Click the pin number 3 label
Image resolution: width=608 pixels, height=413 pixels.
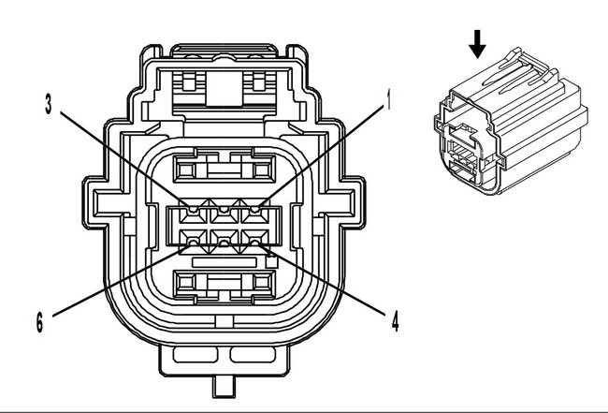[x=48, y=104]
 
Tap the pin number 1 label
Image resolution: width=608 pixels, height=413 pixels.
[x=388, y=98]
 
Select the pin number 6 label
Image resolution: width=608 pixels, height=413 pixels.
[x=39, y=322]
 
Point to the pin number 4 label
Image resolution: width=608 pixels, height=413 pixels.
[x=395, y=321]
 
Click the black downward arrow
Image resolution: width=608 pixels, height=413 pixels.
[x=477, y=44]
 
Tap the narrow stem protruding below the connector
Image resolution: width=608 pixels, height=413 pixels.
[x=224, y=387]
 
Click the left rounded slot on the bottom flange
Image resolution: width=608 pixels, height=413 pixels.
[x=195, y=354]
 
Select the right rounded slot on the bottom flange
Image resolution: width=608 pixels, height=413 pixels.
[x=253, y=354]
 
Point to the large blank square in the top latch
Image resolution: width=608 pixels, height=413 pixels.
[x=224, y=89]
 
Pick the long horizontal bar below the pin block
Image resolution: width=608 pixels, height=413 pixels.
[x=224, y=262]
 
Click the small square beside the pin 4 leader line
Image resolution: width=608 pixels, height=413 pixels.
[x=272, y=262]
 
